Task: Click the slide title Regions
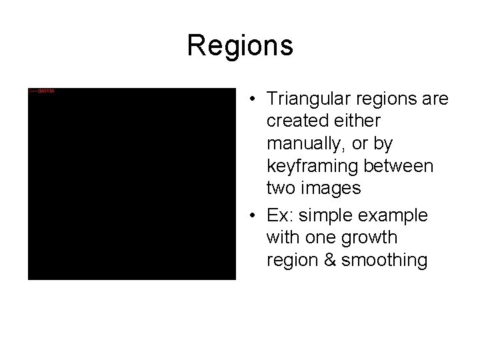(240, 45)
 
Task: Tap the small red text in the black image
(41, 91)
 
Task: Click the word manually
(301, 143)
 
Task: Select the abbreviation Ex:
(279, 216)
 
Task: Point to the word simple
(325, 216)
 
